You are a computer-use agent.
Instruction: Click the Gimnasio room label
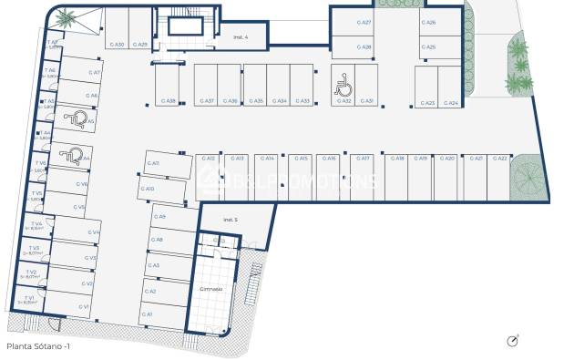click(211, 287)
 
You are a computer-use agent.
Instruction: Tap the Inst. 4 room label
click(241, 37)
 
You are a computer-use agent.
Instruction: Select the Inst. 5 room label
click(231, 220)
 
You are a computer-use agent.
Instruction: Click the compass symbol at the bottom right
click(513, 341)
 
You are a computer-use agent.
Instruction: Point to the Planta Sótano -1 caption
click(37, 346)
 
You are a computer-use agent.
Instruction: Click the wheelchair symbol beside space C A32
click(344, 86)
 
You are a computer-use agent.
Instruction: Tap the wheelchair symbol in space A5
click(77, 118)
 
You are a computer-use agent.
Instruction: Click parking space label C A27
click(364, 22)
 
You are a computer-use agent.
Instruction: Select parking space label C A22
click(499, 159)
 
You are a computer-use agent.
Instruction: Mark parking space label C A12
click(209, 159)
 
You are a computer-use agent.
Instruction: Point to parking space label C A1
click(148, 314)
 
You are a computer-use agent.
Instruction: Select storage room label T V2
click(32, 272)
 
